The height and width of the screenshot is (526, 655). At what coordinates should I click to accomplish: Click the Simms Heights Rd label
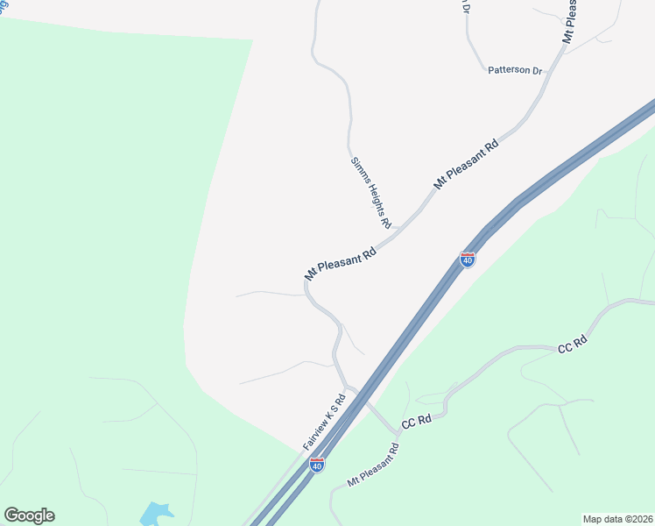coord(371,192)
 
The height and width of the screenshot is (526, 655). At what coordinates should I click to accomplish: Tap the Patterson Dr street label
coord(515,70)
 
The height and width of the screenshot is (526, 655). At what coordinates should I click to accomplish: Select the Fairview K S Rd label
coord(325,422)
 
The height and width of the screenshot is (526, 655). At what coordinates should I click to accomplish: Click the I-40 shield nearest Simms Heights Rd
coord(468,260)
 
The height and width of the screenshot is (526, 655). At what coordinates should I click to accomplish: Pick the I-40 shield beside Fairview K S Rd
coord(317,465)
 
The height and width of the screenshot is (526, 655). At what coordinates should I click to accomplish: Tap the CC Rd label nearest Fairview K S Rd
coord(417,421)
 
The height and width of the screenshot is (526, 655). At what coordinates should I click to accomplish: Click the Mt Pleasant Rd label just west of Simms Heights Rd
coord(341,263)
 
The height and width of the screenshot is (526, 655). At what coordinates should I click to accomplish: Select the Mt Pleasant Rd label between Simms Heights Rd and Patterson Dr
coord(466,163)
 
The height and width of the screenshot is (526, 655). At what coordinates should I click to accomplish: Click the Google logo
coord(29,515)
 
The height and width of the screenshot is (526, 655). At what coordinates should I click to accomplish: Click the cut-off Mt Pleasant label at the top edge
coord(570,22)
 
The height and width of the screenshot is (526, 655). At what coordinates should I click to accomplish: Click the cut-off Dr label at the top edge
coord(466,7)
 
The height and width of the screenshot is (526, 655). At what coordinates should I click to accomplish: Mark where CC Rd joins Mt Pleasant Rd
coord(398,431)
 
